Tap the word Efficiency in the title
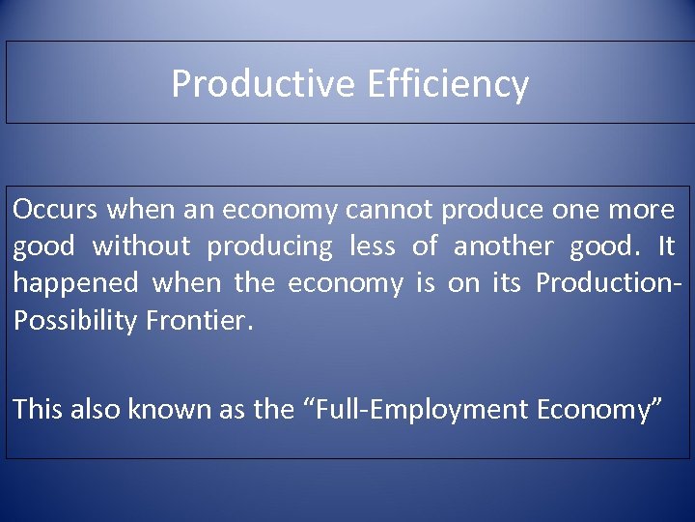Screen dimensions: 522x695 [x=448, y=84]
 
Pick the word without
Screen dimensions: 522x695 [x=141, y=246]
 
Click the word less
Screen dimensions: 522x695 [x=372, y=246]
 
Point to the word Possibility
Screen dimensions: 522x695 [x=75, y=321]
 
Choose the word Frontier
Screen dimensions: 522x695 [x=200, y=321]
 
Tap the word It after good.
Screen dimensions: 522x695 [x=666, y=246]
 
